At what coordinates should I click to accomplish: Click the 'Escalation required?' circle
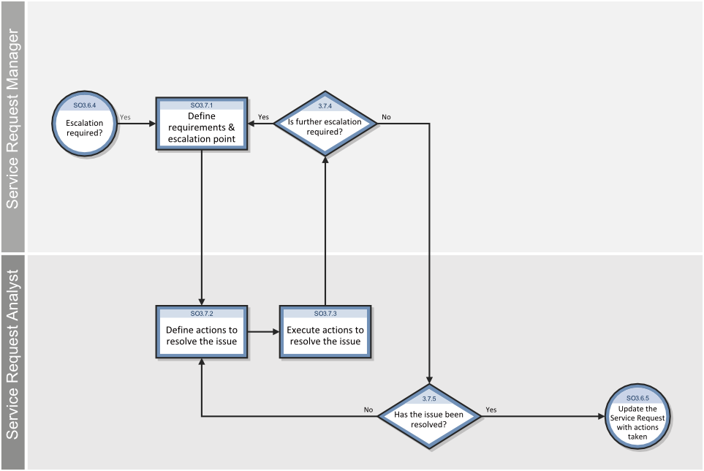click(84, 124)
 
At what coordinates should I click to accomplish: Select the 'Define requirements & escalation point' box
click(202, 124)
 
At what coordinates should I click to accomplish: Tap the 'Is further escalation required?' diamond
click(325, 124)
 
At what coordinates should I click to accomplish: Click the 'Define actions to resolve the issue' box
click(202, 332)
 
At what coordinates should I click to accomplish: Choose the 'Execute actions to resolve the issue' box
click(325, 332)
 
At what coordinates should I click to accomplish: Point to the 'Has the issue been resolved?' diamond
click(429, 416)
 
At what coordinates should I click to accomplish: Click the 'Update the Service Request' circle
click(637, 416)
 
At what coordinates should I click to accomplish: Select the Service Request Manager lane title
click(12, 119)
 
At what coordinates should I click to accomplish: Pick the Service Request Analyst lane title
click(12, 355)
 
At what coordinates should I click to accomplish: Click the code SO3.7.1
click(202, 105)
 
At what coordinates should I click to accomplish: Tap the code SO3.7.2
click(202, 314)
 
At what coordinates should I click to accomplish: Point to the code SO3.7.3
click(325, 314)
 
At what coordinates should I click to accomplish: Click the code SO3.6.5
click(637, 398)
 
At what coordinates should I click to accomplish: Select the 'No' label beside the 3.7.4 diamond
click(386, 117)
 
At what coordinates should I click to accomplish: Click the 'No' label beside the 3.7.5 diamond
click(368, 410)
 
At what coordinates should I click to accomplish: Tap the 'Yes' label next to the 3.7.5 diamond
click(491, 410)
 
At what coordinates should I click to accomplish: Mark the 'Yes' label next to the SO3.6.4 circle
click(125, 117)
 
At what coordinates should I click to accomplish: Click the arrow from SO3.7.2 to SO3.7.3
click(264, 332)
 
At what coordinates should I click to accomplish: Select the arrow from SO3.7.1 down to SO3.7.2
click(202, 227)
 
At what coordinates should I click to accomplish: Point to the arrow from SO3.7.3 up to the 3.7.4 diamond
click(325, 231)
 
